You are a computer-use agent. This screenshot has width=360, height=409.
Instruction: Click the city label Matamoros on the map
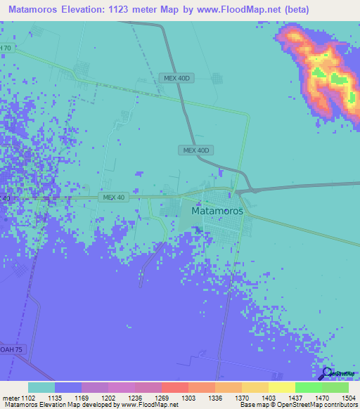coord(217,210)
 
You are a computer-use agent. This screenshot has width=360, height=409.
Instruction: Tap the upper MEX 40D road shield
coord(174,78)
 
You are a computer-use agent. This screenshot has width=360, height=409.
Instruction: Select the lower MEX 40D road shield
coord(196,150)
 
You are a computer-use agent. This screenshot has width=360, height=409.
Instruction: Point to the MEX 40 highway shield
coord(113,197)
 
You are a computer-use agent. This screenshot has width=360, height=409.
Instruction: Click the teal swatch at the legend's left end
coord(41,387)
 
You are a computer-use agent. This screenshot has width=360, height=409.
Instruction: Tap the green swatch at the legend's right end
coord(335,387)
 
